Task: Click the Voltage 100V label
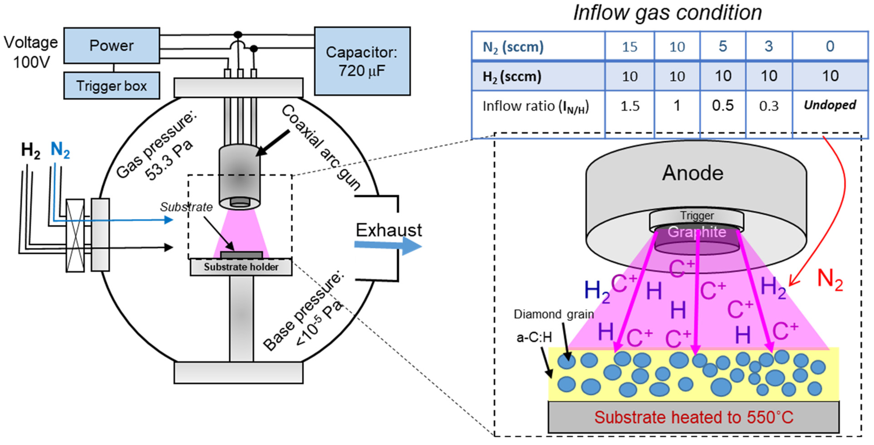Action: [31, 52]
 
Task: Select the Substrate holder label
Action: [241, 267]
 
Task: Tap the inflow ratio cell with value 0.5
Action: [723, 106]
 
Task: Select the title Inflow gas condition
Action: [667, 13]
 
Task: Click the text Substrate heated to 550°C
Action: [694, 417]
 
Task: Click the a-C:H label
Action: [534, 337]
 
